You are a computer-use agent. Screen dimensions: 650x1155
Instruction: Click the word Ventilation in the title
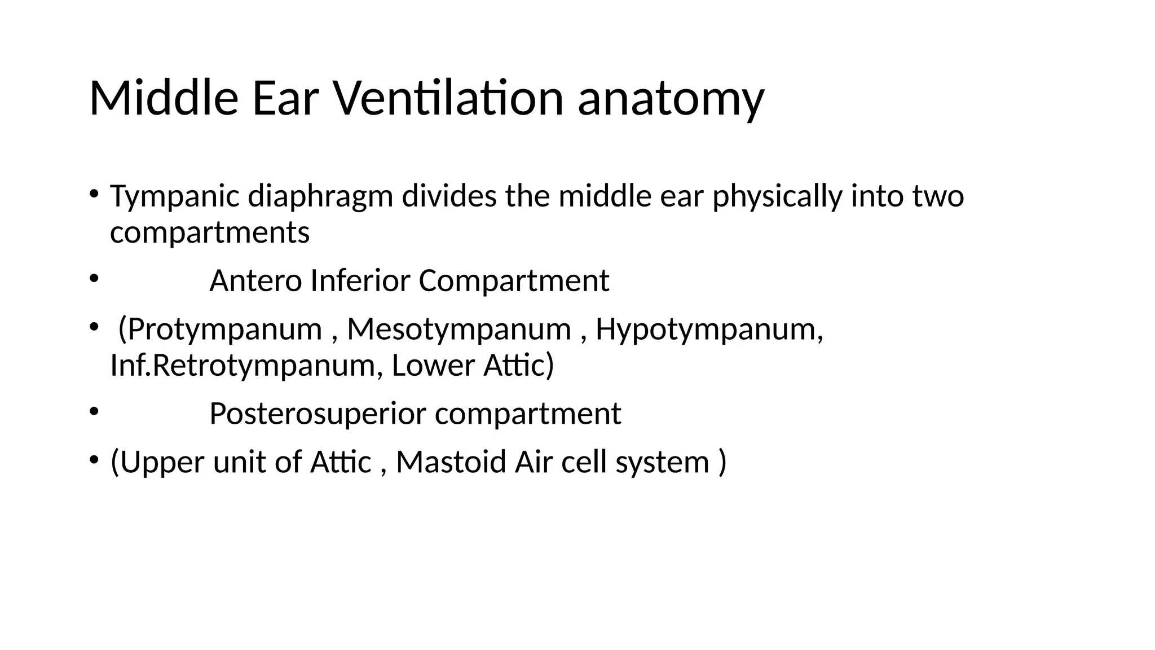448,98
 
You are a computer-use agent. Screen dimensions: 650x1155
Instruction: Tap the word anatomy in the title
671,100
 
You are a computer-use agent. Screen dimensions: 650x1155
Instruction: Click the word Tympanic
175,197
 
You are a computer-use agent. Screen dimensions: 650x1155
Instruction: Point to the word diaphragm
320,197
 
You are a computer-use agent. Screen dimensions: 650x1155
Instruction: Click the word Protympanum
224,330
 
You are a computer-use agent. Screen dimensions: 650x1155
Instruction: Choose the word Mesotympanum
459,330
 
